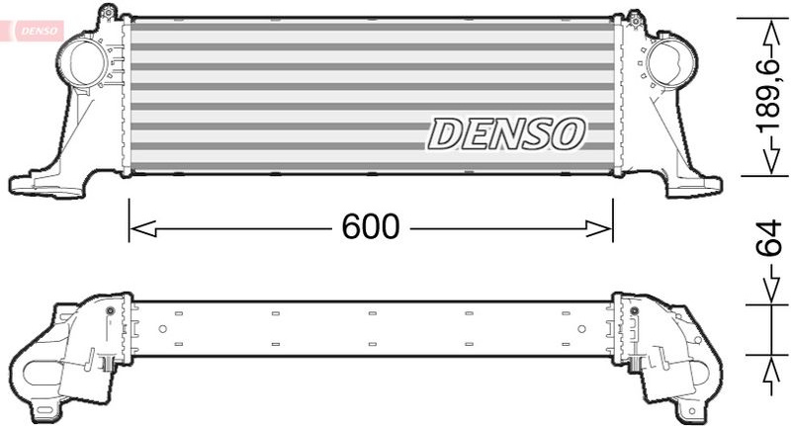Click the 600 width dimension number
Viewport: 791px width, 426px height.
(x=370, y=227)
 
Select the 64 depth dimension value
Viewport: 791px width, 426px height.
(x=771, y=238)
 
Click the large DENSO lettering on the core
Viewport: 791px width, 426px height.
(x=506, y=134)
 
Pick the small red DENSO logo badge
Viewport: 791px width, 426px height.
(x=32, y=31)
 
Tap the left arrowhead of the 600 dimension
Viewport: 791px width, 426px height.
(x=142, y=228)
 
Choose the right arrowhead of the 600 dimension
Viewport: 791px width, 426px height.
(x=599, y=228)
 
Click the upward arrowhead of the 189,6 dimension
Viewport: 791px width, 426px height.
(x=771, y=35)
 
